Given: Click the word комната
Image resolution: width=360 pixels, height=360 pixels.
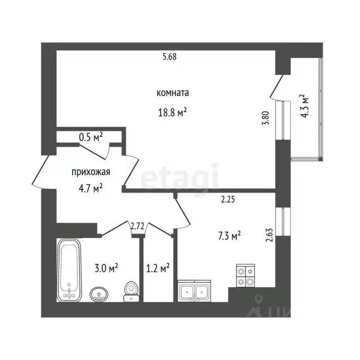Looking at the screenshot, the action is point(172,93).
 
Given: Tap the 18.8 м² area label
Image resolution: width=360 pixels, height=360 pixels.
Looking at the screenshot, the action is point(172,112).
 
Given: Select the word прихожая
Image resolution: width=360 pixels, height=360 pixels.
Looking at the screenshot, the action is point(91,172).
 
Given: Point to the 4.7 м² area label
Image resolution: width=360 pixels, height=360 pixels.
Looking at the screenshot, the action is point(90,189).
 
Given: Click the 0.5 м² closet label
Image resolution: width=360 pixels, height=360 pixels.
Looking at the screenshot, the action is point(90,137).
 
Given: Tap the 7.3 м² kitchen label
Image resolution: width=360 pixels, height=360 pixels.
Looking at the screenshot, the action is point(229,236).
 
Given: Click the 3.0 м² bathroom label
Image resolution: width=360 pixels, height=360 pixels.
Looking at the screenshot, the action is point(106,268).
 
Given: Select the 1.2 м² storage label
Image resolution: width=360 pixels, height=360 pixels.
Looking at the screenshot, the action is point(158,268).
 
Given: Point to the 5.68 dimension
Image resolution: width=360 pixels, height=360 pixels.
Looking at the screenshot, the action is point(170,56).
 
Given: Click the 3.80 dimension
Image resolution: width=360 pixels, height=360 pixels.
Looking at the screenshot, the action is point(265,118).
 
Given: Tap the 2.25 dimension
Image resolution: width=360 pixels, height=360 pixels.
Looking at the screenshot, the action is point(228,199).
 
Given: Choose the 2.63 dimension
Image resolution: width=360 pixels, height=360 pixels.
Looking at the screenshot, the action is point(270,235).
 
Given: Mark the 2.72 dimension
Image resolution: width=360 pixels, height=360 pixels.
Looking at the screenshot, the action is point(137,226).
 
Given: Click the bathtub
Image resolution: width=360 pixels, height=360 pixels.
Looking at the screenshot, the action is point(69,270).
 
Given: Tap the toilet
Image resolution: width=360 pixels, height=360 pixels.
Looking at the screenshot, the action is point(131,291).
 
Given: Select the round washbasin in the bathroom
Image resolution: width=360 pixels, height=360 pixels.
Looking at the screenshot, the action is point(99,294).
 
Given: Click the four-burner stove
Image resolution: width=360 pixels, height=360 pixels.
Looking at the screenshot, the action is point(246,276).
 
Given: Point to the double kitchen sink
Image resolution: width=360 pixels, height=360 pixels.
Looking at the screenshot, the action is point(194,291).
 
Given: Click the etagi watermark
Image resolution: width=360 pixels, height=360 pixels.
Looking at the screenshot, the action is point(179,177).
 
